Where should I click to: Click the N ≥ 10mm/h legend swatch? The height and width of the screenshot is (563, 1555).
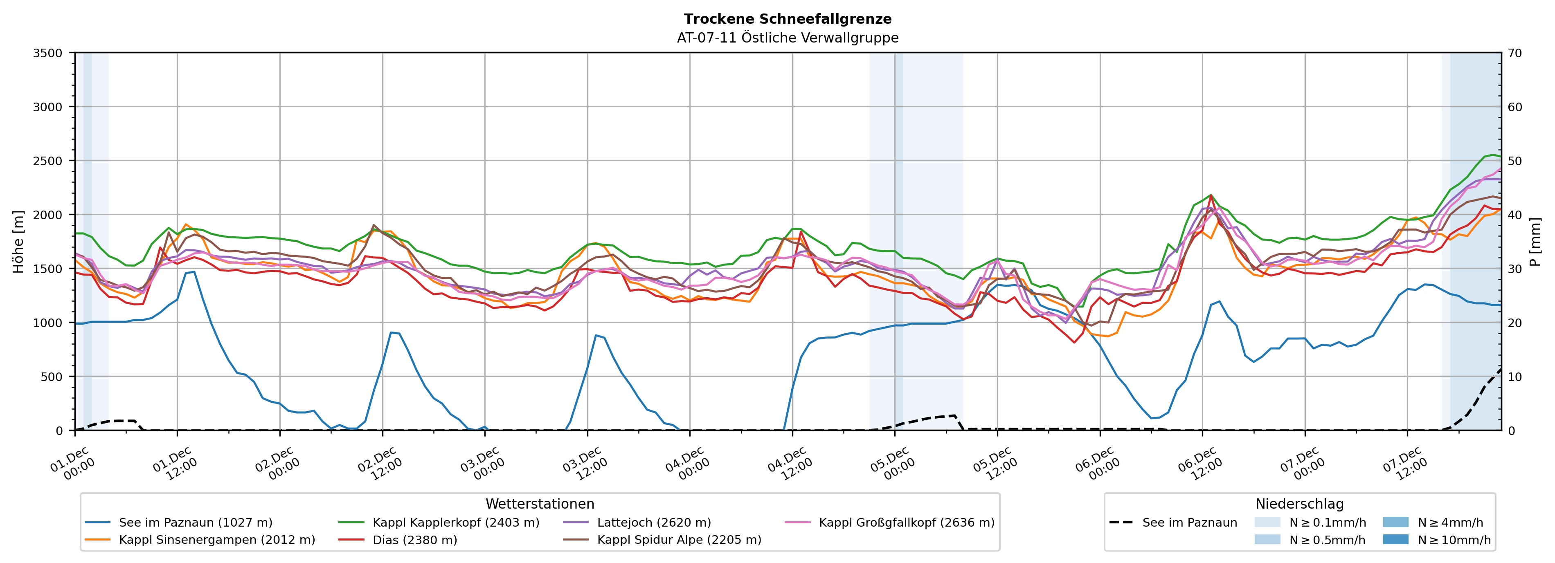point(1395,539)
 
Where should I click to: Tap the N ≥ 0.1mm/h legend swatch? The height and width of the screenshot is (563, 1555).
point(1267,523)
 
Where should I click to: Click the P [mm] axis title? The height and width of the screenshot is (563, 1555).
point(1535,241)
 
